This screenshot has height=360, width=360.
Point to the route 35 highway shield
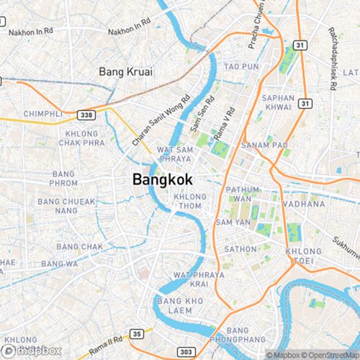pos(137,333)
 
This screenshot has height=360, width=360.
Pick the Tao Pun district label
pos(240,66)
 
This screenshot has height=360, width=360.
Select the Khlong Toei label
pos(303,256)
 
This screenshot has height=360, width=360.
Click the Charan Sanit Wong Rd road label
pos(160,122)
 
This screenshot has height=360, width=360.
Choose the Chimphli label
pos(43,114)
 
